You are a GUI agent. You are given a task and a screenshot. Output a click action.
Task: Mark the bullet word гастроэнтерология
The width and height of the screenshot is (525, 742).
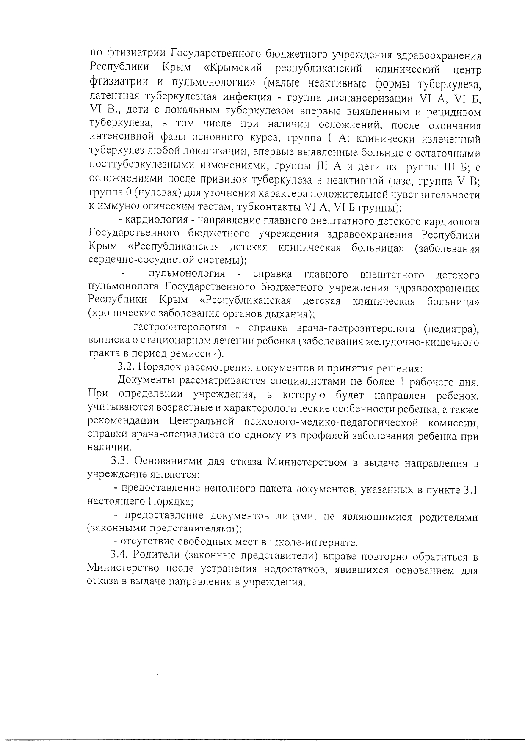tap(180, 327)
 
